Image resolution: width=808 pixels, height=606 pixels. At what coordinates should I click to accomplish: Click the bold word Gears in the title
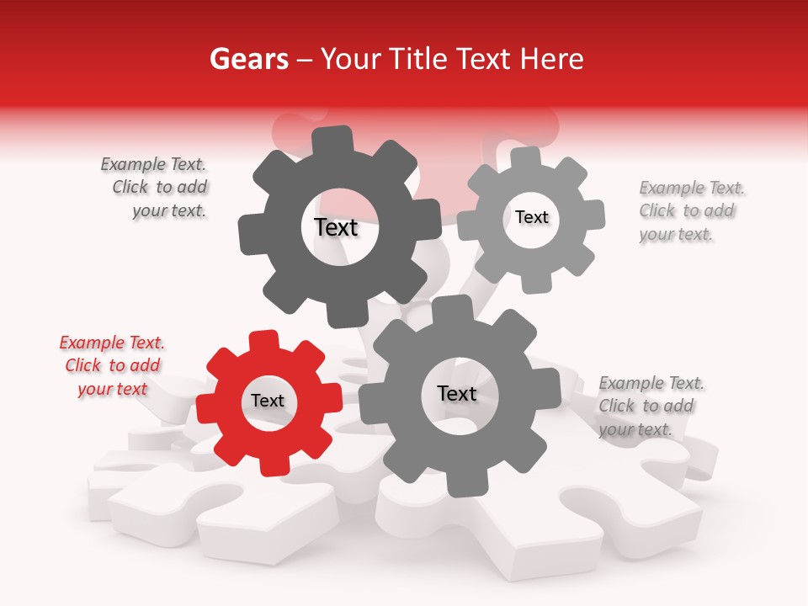[248, 59]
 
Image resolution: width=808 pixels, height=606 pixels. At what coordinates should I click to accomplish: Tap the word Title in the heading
[418, 59]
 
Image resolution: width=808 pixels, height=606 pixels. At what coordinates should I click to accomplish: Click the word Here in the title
[553, 59]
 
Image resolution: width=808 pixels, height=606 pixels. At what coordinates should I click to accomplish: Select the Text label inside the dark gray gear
[336, 227]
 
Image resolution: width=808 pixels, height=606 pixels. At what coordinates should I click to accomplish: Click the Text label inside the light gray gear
[531, 217]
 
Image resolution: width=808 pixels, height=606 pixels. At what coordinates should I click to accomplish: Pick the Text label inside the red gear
[268, 401]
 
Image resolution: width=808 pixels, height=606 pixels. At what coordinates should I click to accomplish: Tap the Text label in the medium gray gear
[457, 393]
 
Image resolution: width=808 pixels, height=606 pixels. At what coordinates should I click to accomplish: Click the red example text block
[112, 365]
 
